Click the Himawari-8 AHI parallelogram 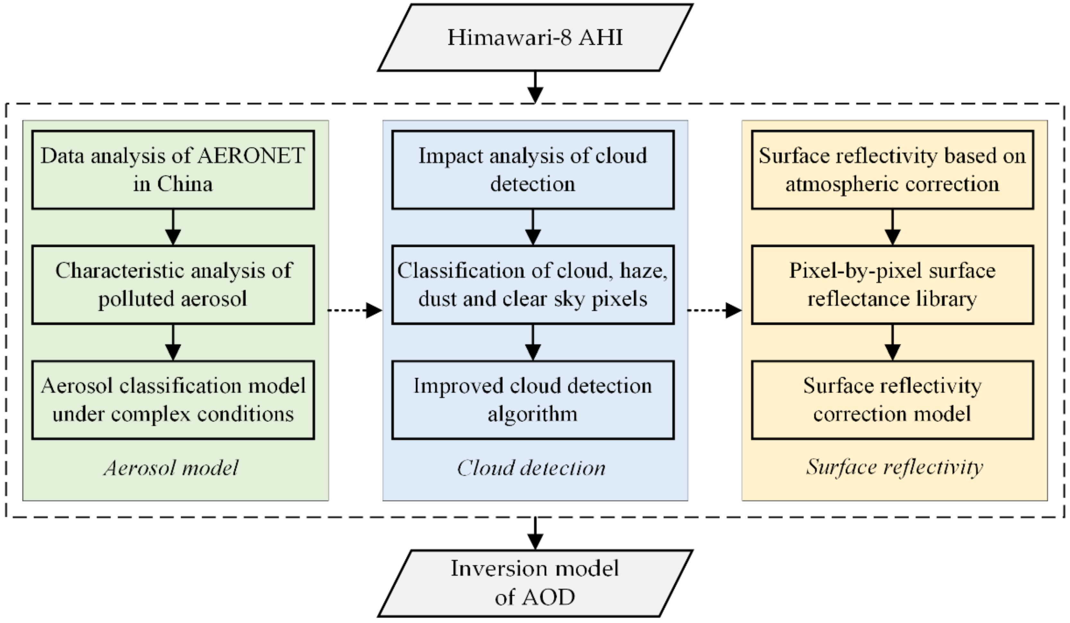click(535, 37)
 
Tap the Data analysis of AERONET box click(173, 170)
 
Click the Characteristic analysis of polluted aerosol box click(173, 284)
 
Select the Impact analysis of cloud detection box click(532, 170)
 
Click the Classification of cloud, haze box click(532, 284)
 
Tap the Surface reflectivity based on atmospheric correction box click(892, 170)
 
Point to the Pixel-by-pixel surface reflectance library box click(892, 284)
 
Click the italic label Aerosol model click(171, 468)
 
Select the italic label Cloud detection click(531, 468)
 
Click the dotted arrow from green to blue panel click(355, 310)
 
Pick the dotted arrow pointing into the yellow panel click(714, 310)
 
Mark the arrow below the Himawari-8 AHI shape click(535, 87)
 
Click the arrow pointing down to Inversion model click(535, 533)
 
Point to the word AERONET click(251, 156)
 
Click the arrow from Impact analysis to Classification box click(532, 227)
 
